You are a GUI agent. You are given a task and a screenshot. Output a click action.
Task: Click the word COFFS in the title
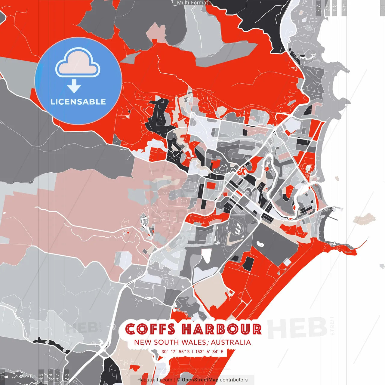click(x=150, y=329)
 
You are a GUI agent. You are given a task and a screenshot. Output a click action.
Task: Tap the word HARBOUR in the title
click(x=221, y=329)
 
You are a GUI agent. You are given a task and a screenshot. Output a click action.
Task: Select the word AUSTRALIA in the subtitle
click(x=231, y=342)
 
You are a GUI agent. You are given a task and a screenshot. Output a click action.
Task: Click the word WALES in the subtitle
click(x=193, y=342)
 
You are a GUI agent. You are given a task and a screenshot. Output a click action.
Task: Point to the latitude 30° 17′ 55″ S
click(x=176, y=351)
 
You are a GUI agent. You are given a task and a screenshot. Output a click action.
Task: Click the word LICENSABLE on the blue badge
click(x=78, y=102)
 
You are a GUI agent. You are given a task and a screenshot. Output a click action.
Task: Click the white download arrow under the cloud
click(x=74, y=86)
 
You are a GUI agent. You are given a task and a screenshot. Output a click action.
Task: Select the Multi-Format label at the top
click(x=192, y=3)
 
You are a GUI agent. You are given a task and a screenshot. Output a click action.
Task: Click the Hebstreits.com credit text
click(x=155, y=380)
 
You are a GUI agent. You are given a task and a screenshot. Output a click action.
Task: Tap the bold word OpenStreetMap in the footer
click(x=200, y=380)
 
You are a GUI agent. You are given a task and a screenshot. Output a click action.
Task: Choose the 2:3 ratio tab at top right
click(x=318, y=8)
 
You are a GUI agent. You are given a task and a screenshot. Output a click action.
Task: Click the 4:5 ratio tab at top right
click(x=344, y=8)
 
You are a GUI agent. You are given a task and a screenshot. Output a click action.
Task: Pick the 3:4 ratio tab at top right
click(x=334, y=8)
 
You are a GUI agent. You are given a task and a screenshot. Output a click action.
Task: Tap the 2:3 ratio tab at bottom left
click(x=67, y=377)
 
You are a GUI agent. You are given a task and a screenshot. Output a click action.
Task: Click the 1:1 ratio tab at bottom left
click(x=2, y=377)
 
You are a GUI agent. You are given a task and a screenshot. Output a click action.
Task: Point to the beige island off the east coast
click(x=364, y=219)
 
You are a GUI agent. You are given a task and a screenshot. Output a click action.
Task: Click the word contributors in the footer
click(x=234, y=380)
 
